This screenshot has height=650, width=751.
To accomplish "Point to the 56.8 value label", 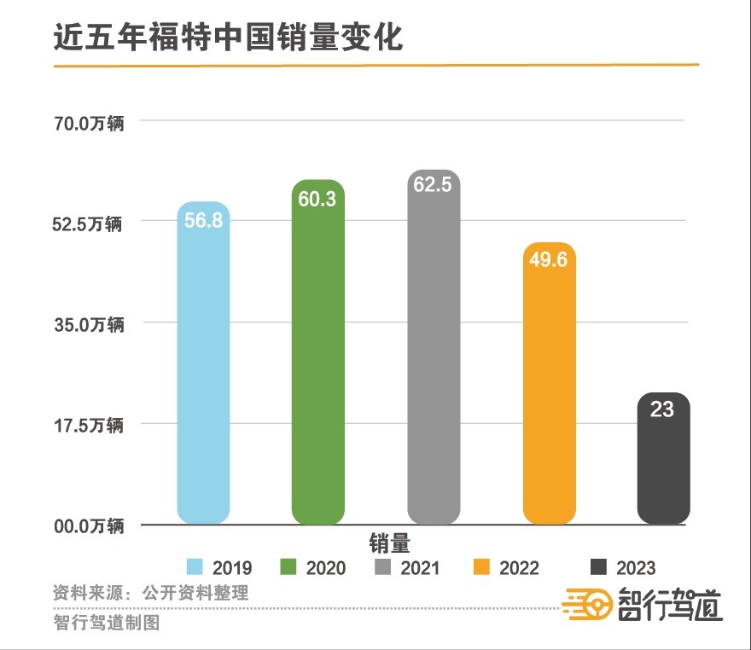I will click(x=203, y=220).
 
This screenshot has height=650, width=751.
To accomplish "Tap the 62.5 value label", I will click(x=434, y=185).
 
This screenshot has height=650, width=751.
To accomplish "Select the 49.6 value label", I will click(x=549, y=260).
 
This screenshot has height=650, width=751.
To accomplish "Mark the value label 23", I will click(x=662, y=410).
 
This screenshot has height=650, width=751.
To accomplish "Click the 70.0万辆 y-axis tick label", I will click(x=90, y=125).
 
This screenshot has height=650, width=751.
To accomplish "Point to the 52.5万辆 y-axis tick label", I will click(x=90, y=224).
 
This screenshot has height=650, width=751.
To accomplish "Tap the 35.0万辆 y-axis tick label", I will click(x=90, y=325).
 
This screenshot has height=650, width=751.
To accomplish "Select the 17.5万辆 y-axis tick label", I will click(x=90, y=425).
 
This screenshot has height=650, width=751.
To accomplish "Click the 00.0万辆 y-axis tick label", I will click(x=90, y=525).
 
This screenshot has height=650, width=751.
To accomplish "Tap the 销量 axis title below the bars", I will click(x=390, y=543).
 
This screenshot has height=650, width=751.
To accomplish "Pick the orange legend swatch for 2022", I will click(x=483, y=568).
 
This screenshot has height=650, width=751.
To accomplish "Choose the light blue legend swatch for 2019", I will click(x=195, y=568).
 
